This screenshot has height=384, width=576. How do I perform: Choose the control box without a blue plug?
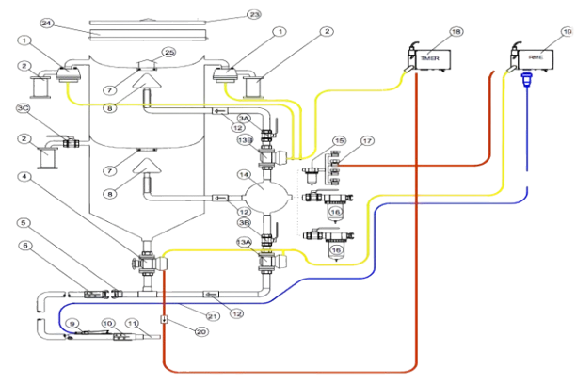pyautogui.click(x=429, y=57)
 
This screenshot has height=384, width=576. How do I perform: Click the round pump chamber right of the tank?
pyautogui.click(x=265, y=199)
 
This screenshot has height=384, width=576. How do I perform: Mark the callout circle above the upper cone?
pyautogui.click(x=168, y=51)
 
